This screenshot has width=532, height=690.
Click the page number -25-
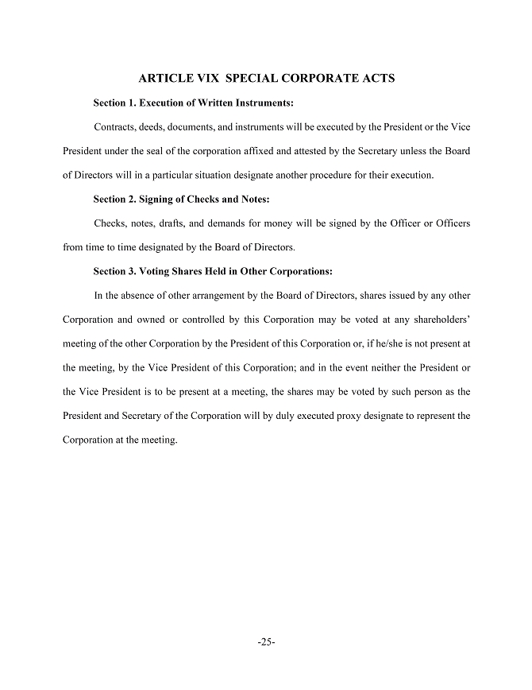[x=266, y=642]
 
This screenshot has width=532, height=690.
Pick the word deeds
[x=158, y=127]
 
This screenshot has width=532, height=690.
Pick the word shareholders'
[x=438, y=320]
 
